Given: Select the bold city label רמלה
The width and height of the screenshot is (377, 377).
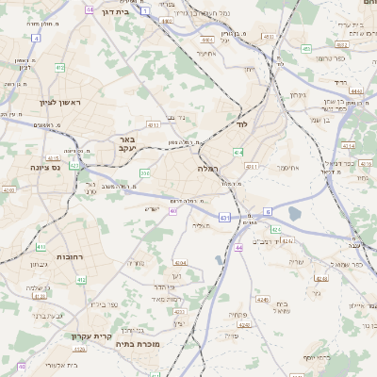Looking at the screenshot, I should point(208,168).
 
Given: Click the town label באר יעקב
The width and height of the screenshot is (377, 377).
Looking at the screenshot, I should point(128,143).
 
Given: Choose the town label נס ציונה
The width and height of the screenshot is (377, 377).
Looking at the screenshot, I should point(44,168).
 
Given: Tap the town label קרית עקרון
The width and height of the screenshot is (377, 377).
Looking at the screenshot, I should point(91,336).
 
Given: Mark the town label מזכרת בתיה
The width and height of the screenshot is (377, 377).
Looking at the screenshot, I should point(144,346).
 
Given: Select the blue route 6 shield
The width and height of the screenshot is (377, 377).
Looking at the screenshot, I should point(267,211).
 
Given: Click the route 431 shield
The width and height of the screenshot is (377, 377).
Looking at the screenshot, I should point(223,218).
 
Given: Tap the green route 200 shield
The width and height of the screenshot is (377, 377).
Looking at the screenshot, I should point(145,174).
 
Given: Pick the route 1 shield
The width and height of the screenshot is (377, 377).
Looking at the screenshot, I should point(146,10).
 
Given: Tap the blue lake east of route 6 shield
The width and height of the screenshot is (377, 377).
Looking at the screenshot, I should point(293,214).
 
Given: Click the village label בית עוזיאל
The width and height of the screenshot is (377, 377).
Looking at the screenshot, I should point(283,307).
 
